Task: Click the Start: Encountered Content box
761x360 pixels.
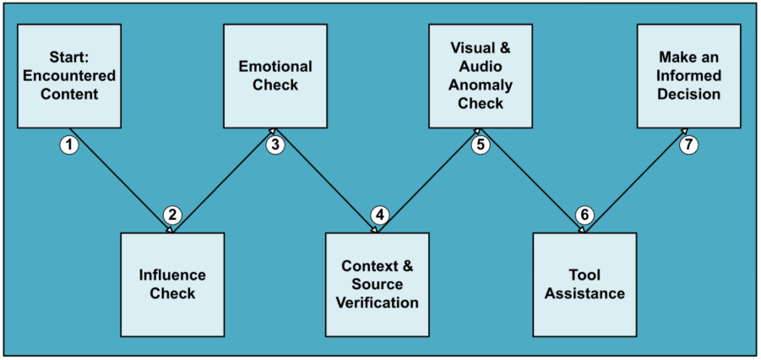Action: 69,76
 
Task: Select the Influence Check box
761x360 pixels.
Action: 172,284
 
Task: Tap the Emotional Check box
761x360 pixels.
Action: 275,76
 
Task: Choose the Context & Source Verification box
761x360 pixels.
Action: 378,284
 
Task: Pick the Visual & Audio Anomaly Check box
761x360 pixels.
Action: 481,76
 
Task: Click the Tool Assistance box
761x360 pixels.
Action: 584,284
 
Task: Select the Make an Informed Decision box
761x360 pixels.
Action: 689,76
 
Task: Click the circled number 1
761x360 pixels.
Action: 69,145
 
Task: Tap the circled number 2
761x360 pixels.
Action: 172,215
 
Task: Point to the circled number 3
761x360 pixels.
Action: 275,145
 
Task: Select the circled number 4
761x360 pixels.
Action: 379,215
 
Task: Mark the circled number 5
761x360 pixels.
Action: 481,145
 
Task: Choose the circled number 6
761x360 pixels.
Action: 584,215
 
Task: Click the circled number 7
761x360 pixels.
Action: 689,145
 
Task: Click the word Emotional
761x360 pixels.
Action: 275,67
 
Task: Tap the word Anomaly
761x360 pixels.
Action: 481,85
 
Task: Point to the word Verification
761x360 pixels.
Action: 378,303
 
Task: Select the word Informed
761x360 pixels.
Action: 689,76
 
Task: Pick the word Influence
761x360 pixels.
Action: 172,275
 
